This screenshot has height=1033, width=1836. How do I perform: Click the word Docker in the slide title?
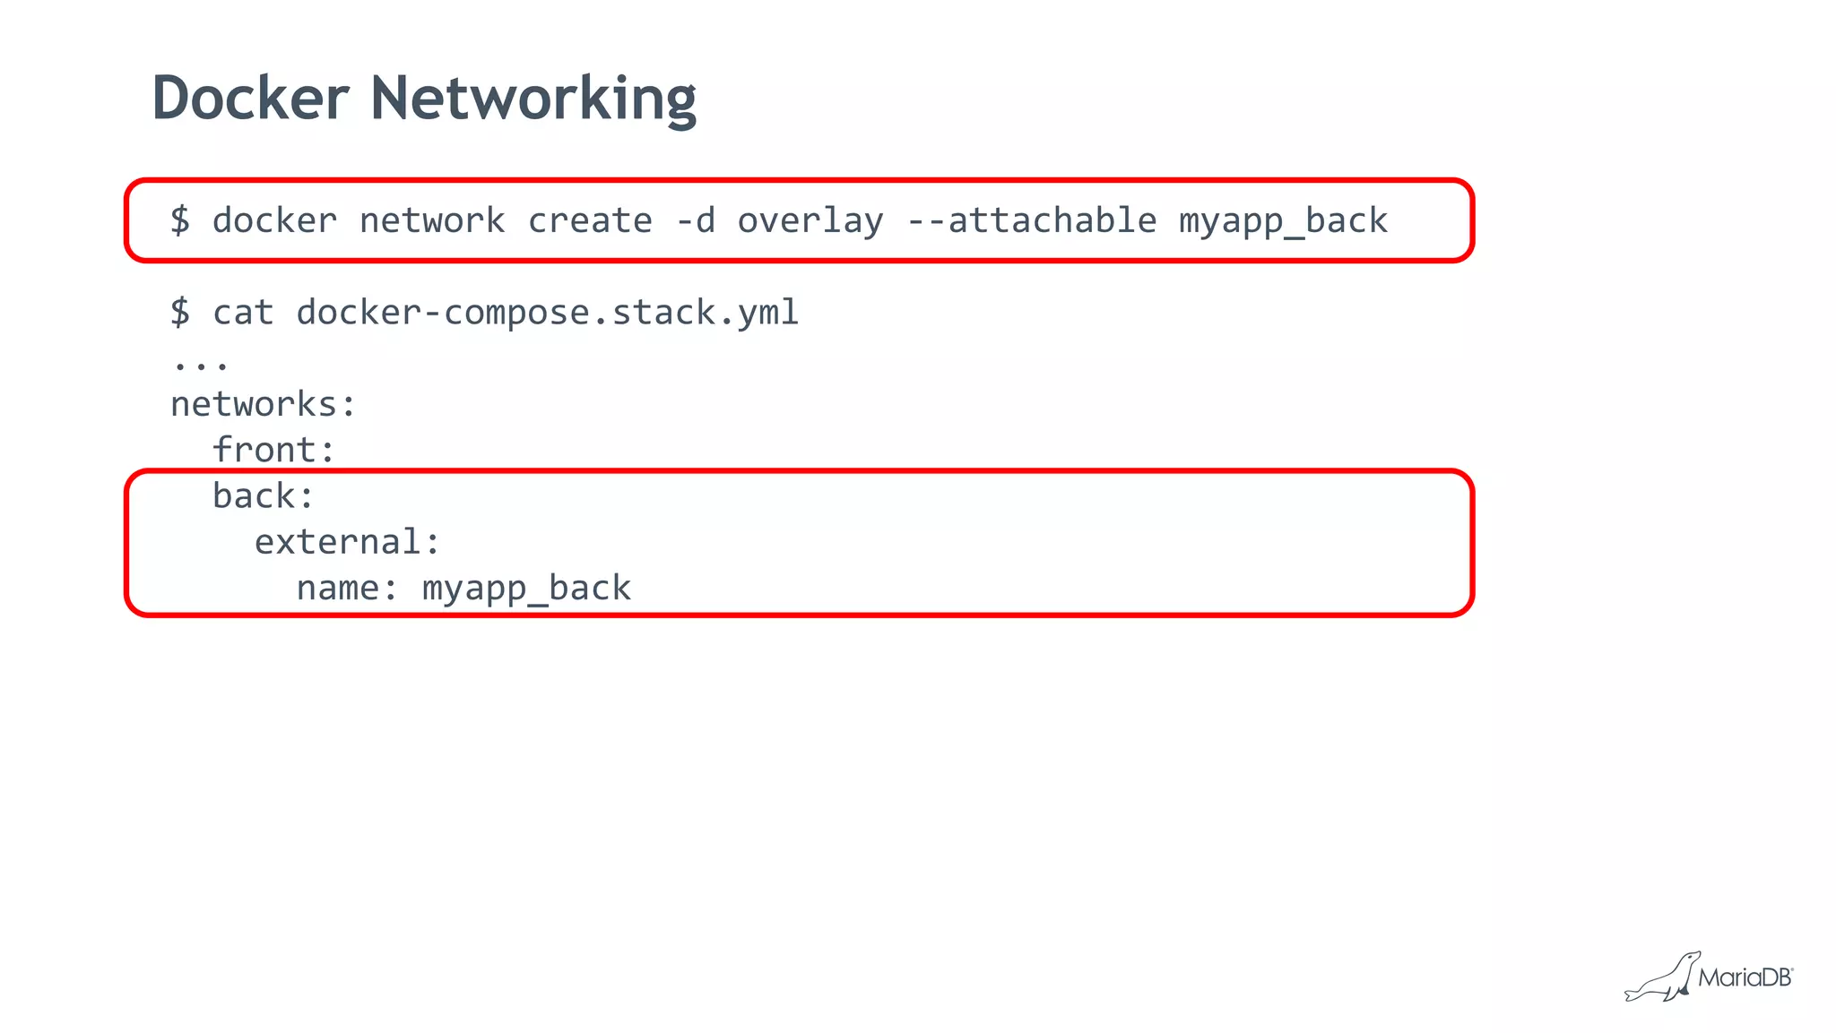click(x=250, y=98)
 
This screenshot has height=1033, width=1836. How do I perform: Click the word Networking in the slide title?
click(x=533, y=98)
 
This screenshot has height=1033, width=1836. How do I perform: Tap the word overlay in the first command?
click(x=810, y=221)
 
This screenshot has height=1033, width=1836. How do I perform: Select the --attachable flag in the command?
click(x=1031, y=221)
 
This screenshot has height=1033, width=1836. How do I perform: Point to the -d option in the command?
click(x=696, y=221)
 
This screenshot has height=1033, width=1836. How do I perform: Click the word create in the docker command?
click(x=590, y=221)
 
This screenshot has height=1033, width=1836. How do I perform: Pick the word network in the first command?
click(x=432, y=221)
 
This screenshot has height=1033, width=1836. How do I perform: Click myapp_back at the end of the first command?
click(x=1283, y=221)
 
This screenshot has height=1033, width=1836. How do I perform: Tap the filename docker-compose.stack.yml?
click(x=547, y=313)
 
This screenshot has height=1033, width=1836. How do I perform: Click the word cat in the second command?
click(x=243, y=313)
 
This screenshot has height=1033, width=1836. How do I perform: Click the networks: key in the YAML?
click(x=264, y=405)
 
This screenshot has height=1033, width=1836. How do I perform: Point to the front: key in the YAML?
click(x=273, y=450)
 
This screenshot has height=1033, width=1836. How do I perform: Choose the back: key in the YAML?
click(x=264, y=496)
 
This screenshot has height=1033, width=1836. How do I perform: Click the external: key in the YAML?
click(x=348, y=542)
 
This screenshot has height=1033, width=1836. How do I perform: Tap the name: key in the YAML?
click(x=347, y=589)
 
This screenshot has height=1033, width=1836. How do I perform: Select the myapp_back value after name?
click(x=526, y=589)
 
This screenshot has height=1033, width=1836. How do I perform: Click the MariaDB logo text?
click(x=1745, y=977)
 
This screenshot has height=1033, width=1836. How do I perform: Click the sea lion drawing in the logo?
click(x=1662, y=979)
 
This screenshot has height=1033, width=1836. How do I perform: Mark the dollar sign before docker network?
click(x=180, y=221)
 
